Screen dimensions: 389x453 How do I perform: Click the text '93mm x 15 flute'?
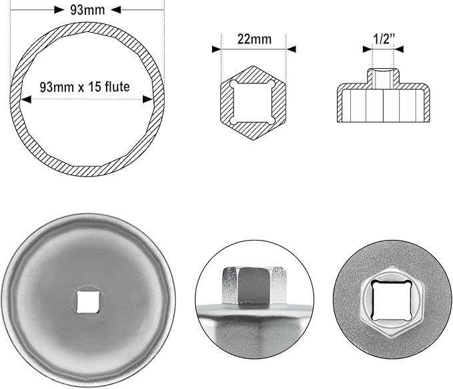coord(85,86)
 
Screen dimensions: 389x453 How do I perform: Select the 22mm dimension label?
coord(254,39)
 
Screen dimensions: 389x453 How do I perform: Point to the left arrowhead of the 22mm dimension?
coord(216,49)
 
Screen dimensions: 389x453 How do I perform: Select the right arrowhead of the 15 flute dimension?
coord(149,100)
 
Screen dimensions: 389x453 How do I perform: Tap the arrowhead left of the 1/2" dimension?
coord(367,49)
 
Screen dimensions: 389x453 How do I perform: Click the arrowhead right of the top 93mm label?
coord(115,10)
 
